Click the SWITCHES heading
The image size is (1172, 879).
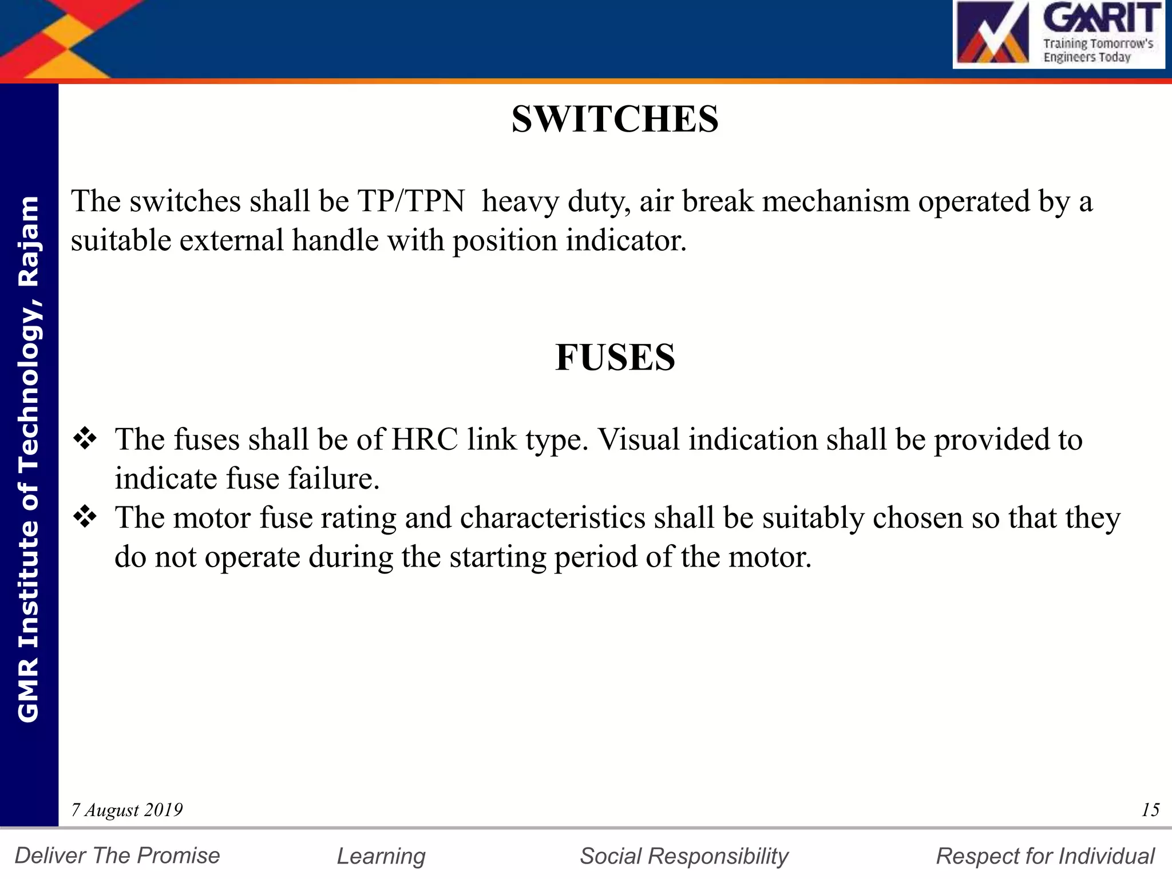(x=615, y=120)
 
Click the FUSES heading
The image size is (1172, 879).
(x=615, y=358)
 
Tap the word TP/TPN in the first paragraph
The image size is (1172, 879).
(x=411, y=201)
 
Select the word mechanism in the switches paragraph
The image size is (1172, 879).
(x=836, y=201)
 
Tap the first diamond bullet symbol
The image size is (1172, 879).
(x=85, y=439)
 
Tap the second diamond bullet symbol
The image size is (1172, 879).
(x=85, y=517)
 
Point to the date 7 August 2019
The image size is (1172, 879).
(x=126, y=810)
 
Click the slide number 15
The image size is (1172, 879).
(x=1150, y=810)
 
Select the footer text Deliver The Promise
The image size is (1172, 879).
(x=117, y=856)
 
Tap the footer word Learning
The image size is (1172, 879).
(x=381, y=856)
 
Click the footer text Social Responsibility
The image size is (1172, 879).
(x=684, y=856)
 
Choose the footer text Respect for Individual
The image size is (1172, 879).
(x=1045, y=856)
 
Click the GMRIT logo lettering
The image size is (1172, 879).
(x=1102, y=19)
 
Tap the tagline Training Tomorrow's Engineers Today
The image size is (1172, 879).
(x=1098, y=50)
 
